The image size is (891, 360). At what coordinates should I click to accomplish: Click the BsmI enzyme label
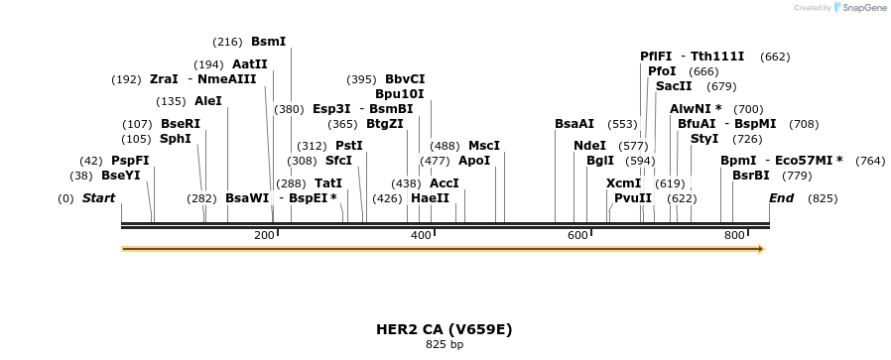coord(268,42)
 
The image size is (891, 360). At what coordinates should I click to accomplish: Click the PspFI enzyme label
coord(130,161)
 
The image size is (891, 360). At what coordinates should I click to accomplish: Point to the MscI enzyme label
coord(484,146)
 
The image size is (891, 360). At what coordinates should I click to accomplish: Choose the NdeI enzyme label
coord(589,146)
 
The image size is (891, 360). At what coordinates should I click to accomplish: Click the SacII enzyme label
coord(674,86)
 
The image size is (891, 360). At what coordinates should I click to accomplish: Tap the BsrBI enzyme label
coord(750,176)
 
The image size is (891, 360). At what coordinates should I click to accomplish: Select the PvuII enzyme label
coord(633,198)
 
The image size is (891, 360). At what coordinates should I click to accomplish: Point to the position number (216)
coord(227,42)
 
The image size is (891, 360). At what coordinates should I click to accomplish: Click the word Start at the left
coord(98,198)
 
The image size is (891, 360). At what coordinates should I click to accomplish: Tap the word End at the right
coord(781,198)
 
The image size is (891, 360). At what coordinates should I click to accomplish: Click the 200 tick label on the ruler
coord(264,235)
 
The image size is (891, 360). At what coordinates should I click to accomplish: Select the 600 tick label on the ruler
coord(577,235)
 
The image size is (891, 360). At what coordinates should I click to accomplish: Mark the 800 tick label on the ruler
coord(734,235)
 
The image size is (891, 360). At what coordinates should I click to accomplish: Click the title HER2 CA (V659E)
coord(444,329)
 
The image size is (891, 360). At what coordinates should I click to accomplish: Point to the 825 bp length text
coord(444,345)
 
